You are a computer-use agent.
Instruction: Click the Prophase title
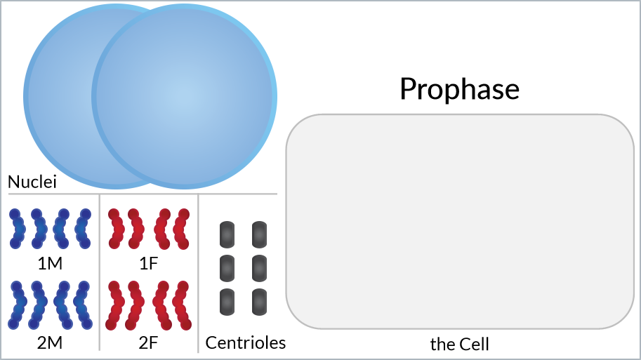click(459, 88)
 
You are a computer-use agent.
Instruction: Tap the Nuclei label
click(32, 182)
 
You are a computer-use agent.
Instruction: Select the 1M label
click(50, 264)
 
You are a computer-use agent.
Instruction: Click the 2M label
click(50, 343)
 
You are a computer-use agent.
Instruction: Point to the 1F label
click(148, 264)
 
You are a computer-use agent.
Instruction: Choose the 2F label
click(148, 343)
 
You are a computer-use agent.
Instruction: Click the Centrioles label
click(245, 343)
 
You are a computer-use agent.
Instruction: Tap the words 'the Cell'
click(459, 345)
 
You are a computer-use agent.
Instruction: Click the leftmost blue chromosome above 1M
click(17, 229)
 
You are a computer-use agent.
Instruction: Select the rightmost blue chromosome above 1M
click(83, 229)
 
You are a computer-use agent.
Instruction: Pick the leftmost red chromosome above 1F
click(116, 229)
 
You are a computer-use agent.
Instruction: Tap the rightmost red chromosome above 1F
click(182, 229)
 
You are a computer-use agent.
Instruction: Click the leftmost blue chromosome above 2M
click(17, 305)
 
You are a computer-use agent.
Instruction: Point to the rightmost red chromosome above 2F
click(182, 305)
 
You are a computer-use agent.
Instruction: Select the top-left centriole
click(227, 234)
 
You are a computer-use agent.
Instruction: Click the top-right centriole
click(260, 234)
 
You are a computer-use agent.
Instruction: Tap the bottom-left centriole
click(227, 302)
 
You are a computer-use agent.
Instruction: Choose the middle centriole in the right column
click(260, 269)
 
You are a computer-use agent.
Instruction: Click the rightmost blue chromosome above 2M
click(83, 305)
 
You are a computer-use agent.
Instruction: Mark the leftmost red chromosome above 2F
click(116, 305)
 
